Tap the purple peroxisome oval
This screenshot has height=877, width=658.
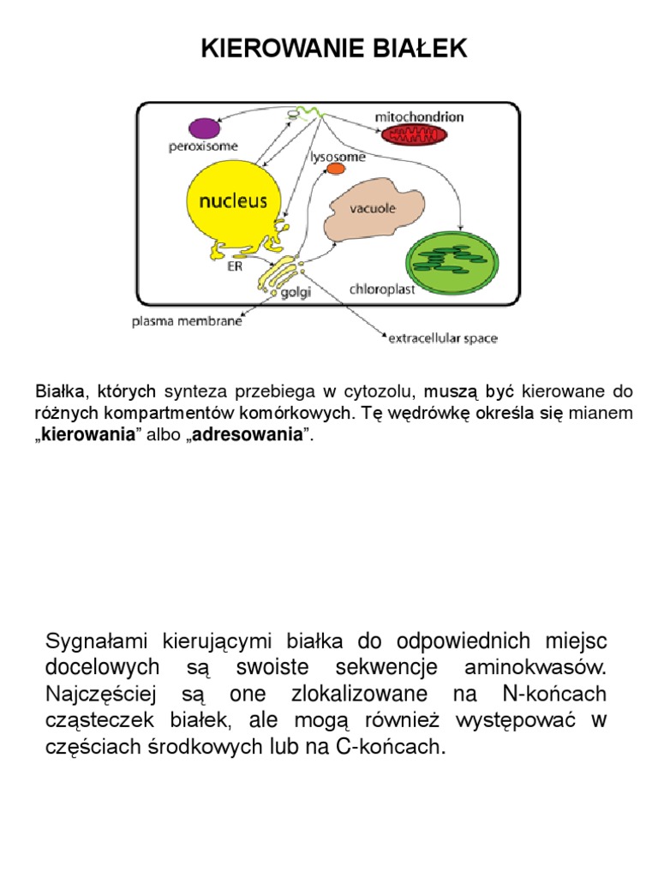click(204, 128)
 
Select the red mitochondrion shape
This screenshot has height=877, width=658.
click(415, 135)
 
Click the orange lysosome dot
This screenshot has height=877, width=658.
click(336, 170)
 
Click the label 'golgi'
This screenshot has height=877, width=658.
click(296, 293)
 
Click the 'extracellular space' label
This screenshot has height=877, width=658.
click(443, 338)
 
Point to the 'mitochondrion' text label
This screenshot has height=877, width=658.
click(420, 115)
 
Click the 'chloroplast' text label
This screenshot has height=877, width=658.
click(382, 289)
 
